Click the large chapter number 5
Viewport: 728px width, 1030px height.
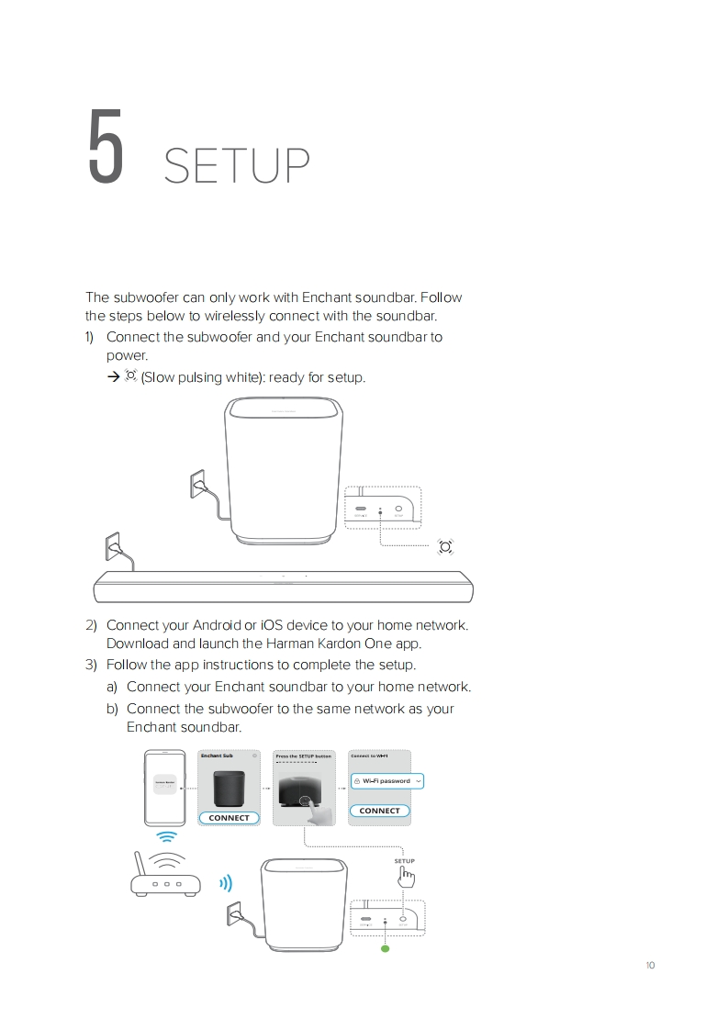point(106,147)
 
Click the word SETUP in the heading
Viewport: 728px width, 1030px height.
point(236,166)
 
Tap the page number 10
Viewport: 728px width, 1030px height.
point(650,965)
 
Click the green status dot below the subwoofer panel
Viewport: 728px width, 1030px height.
point(386,949)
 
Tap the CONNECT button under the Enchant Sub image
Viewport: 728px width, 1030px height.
point(229,817)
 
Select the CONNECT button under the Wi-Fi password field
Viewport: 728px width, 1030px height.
point(379,811)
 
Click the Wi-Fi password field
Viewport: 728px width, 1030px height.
point(387,780)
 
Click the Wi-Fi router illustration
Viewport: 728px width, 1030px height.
point(164,877)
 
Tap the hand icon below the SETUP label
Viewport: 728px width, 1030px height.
point(405,878)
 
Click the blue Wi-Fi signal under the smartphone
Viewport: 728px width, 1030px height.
point(166,837)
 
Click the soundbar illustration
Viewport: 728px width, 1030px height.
point(284,586)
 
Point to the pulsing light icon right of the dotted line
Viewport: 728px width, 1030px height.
point(445,547)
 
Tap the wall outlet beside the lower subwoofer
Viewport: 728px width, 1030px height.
point(232,915)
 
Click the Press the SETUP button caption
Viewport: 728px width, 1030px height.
point(304,756)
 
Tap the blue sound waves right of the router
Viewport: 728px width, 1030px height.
point(225,884)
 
